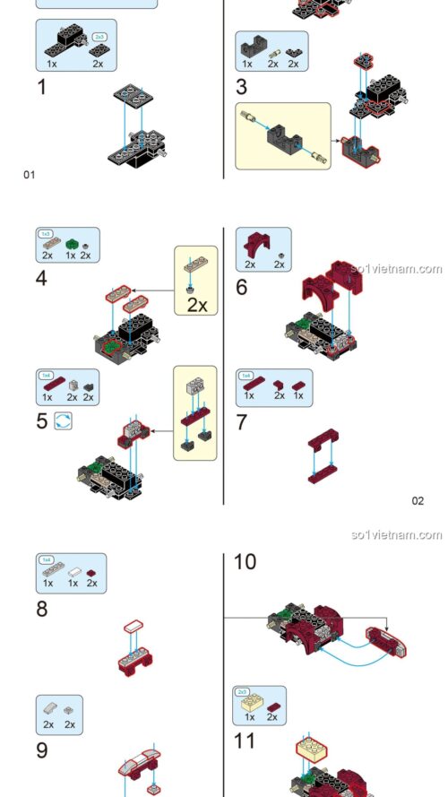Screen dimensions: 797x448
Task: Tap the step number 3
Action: tap(241, 87)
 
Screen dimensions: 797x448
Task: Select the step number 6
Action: tap(241, 288)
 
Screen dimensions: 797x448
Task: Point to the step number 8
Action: tap(42, 610)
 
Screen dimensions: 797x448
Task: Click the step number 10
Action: tap(245, 562)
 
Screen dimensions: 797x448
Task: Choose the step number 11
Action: tap(244, 741)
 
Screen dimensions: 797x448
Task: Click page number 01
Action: tap(29, 175)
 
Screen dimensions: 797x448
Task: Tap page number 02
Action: tap(418, 500)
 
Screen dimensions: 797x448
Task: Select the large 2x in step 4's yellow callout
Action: tap(197, 305)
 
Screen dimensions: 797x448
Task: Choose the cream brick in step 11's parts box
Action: tap(250, 704)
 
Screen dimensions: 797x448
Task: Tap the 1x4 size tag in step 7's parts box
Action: tap(246, 375)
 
